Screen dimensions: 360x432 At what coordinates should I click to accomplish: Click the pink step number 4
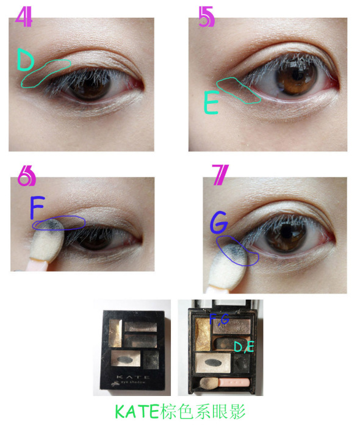24,16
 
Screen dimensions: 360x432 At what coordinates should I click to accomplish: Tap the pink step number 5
206,17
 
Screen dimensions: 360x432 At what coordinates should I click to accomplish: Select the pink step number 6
26,176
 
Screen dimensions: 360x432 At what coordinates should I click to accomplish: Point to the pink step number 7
220,175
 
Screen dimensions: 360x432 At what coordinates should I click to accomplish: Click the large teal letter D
25,60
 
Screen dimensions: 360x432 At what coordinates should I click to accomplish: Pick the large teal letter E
211,103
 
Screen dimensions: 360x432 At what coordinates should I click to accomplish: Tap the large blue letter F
37,207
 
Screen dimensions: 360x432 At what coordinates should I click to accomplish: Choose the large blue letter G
219,222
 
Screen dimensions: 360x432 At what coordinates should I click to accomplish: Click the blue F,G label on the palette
219,319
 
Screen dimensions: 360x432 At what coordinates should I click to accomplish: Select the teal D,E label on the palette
244,347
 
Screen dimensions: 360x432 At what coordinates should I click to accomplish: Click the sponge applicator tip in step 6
48,239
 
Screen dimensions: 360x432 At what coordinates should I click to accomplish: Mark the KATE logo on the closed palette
133,376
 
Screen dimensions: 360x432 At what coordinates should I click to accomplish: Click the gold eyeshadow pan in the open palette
203,334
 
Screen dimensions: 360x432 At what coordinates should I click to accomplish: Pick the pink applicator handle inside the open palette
234,383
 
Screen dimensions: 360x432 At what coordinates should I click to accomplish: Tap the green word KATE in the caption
137,412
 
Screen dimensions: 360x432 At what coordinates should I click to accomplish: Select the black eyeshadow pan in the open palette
242,363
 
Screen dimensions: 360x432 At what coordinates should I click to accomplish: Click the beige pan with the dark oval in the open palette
213,362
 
